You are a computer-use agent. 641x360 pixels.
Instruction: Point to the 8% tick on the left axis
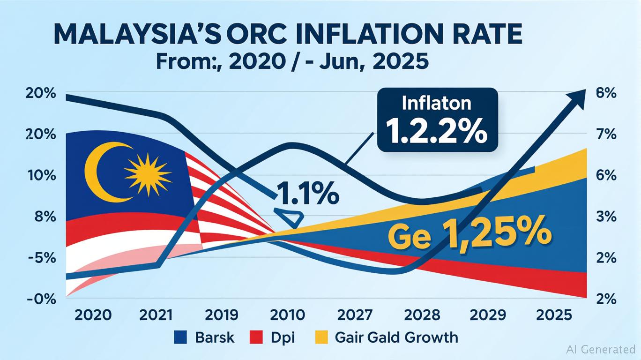41,217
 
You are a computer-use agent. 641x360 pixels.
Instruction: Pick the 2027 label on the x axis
355,314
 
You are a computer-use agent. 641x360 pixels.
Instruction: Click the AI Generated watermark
601,349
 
